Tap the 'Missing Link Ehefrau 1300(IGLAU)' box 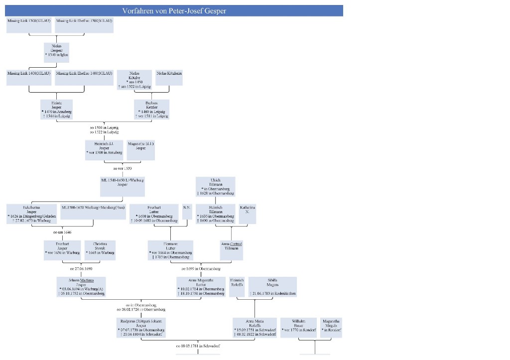(84, 25)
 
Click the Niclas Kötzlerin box (169, 78)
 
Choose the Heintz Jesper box (56, 110)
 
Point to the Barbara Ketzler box (151, 110)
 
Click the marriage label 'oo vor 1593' (122, 169)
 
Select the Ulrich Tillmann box (215, 186)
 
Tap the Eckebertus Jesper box (31, 214)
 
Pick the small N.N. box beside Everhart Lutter (187, 212)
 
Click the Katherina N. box (248, 214)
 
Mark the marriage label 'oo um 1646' (62, 232)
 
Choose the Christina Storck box (100, 250)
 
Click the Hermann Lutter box (171, 250)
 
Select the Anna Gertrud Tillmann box (232, 250)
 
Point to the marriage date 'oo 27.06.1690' (81, 268)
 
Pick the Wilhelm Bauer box (298, 327)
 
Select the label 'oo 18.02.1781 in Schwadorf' (198, 346)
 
